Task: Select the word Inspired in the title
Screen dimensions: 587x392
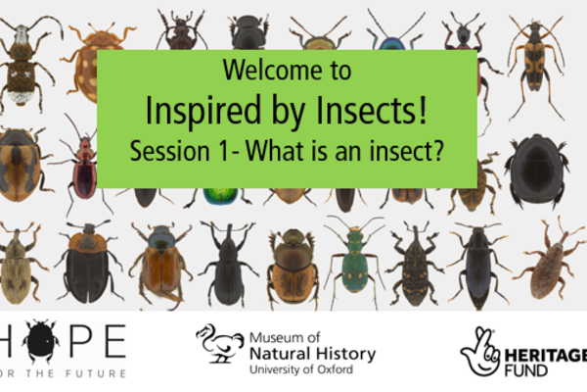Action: pos(203,111)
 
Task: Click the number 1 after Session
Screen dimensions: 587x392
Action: pos(222,151)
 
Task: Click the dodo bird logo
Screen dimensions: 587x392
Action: pos(220,344)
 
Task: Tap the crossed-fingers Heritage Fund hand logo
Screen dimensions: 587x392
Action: pos(480,351)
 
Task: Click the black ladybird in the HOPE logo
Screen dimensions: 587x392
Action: pos(40,341)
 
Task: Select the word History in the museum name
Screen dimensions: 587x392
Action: pos(345,354)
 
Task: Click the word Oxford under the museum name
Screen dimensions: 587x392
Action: pos(335,369)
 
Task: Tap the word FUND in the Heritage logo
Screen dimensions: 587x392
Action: pos(525,370)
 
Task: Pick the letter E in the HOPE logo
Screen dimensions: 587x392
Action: pos(114,341)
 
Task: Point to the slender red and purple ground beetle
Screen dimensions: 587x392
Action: pos(83,169)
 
